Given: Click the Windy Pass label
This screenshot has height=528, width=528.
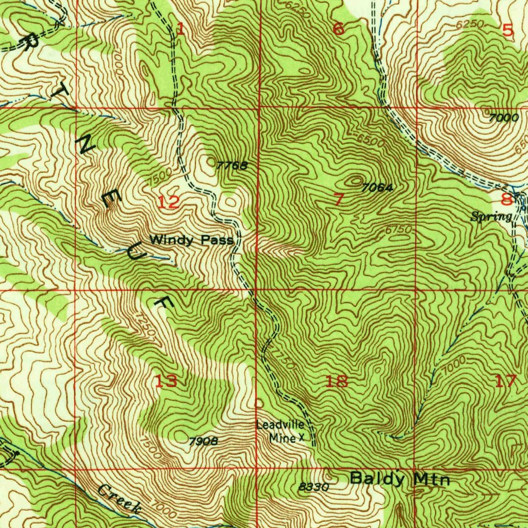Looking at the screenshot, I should [191, 240].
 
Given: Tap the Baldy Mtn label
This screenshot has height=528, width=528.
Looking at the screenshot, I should [400, 479].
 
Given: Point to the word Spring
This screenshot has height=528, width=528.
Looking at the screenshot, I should [491, 217].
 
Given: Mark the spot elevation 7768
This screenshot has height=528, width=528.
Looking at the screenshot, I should [232, 166].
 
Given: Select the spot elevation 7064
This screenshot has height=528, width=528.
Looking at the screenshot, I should [377, 188].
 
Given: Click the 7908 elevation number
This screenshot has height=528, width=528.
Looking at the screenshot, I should [203, 441].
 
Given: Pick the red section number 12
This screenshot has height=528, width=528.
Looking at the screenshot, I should [169, 202].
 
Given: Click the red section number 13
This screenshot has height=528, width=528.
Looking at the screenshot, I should [167, 382].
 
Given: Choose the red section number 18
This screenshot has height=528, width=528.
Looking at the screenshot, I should [337, 382].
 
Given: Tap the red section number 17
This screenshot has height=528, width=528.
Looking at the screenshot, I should [505, 382].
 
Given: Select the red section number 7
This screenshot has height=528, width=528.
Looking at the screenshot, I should [338, 200].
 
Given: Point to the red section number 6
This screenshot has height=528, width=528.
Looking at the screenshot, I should [338, 29].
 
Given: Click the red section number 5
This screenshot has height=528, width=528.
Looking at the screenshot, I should [508, 30].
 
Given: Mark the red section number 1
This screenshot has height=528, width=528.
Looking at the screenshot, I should [180, 29].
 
